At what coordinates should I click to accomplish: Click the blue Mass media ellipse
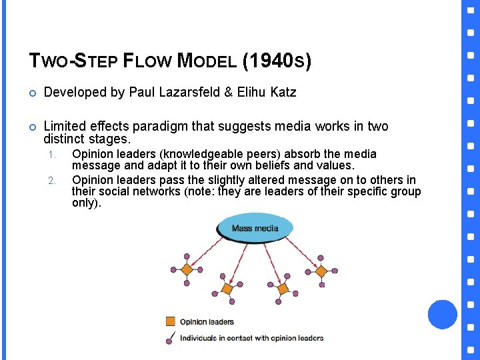tap(255, 227)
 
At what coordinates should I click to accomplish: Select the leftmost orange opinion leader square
tap(187, 269)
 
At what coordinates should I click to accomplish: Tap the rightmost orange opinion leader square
tap(321, 271)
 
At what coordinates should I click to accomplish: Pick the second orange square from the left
tap(227, 289)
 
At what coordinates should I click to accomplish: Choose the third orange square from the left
tap(282, 289)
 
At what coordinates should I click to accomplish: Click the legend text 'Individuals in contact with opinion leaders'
tap(252, 338)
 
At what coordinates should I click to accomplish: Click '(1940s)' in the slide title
tap(277, 61)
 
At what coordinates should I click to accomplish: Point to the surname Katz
tap(283, 93)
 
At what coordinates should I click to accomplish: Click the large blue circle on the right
tap(442, 314)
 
